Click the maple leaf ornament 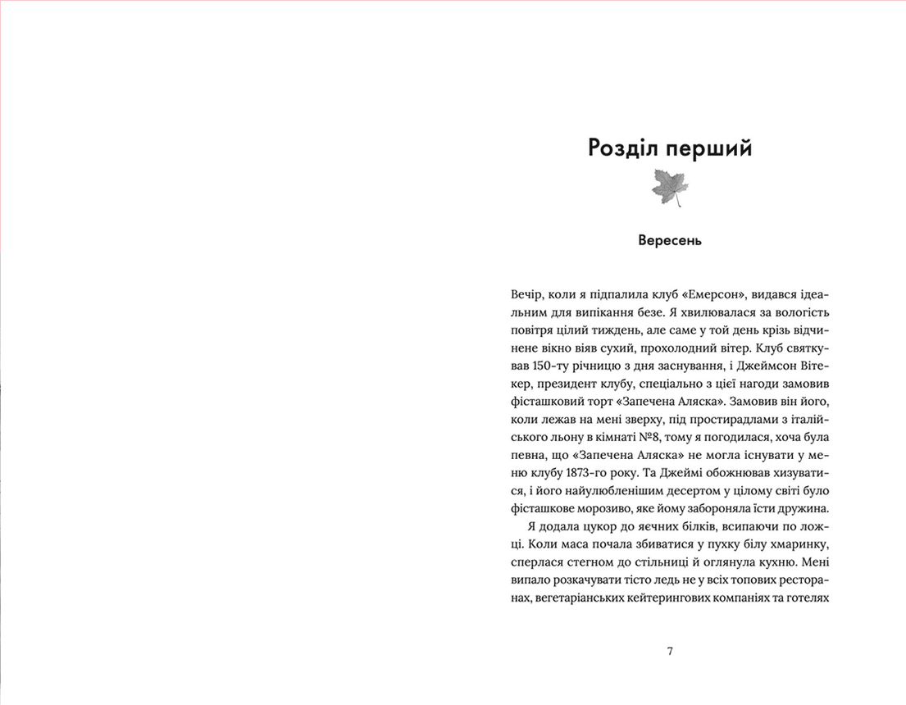[669, 188]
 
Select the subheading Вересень [670, 241]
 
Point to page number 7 [670, 652]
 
